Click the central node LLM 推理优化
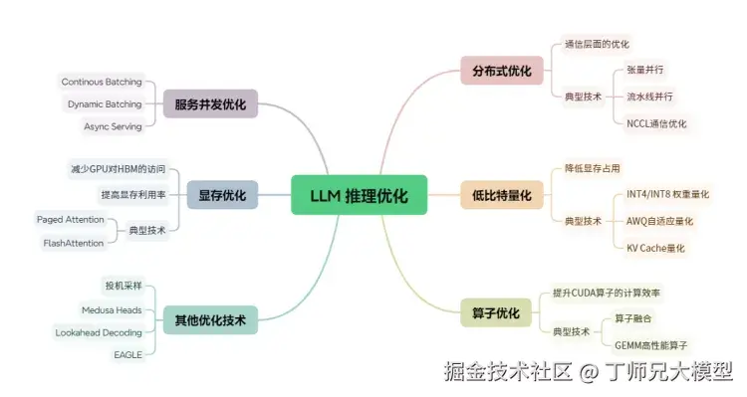coord(359,196)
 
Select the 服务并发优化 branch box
coord(209,104)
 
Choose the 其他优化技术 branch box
coord(210,319)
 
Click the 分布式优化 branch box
coord(502,70)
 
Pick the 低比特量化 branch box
coord(502,195)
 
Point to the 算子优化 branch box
coord(495,313)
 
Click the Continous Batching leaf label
coord(102,82)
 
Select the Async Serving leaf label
coord(113,126)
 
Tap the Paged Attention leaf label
coord(71,219)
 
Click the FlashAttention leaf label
coord(74,243)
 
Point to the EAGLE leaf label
coord(127,354)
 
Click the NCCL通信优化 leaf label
coord(656,123)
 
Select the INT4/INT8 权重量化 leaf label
coord(667,194)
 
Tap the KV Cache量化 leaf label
coord(656,247)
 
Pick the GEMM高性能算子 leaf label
coord(651,344)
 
